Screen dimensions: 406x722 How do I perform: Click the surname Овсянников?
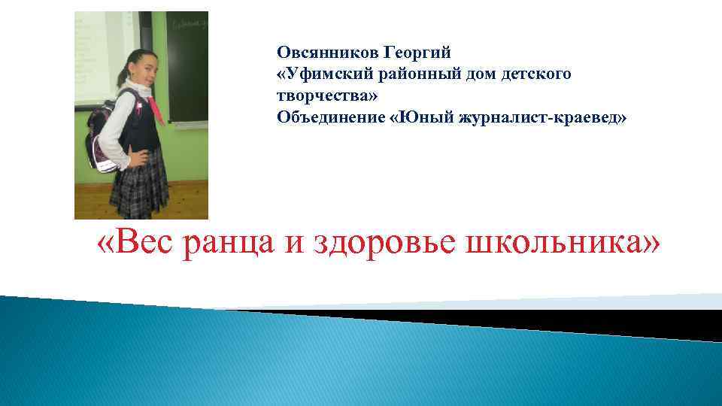click(x=329, y=53)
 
